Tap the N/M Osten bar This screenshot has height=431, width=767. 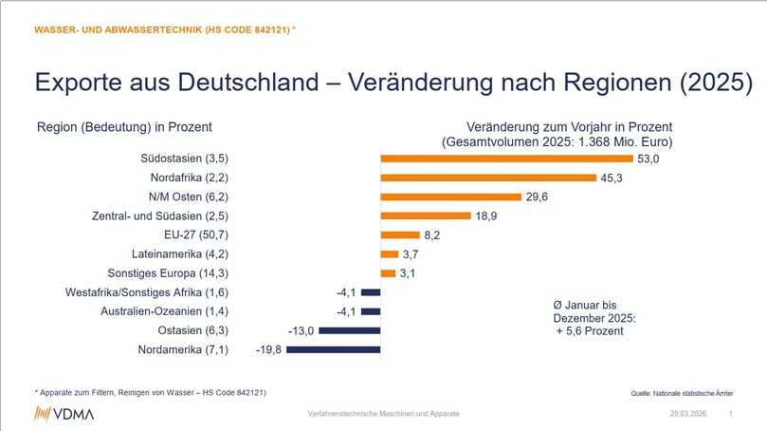(x=451, y=197)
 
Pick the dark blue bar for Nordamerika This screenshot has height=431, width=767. (x=333, y=349)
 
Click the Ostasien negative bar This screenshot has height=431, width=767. (x=350, y=330)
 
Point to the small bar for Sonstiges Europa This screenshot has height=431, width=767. (x=387, y=273)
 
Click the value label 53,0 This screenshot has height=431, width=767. (x=648, y=159)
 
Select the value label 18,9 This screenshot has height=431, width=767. (x=487, y=215)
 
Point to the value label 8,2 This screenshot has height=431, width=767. (x=432, y=234)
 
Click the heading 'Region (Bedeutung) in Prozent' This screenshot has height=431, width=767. (x=124, y=126)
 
